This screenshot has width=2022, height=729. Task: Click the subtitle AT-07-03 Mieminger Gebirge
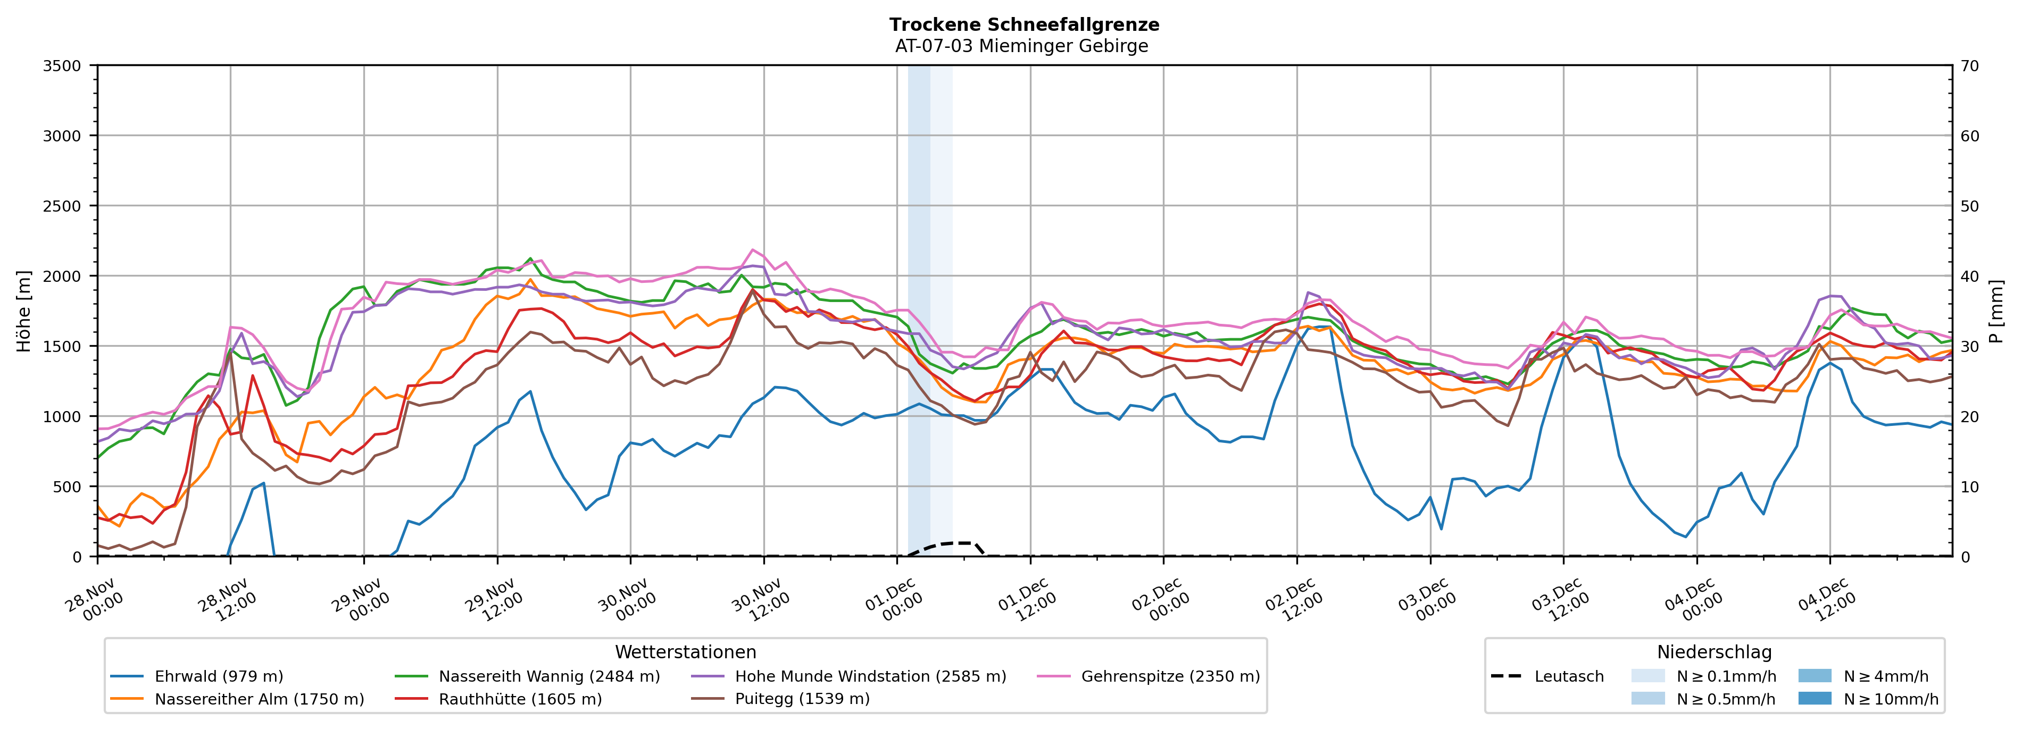coord(1021,46)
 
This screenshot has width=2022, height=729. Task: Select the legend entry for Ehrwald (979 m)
coord(218,676)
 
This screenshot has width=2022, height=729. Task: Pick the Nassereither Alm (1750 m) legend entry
coord(259,699)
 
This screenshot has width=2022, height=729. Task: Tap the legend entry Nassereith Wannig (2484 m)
coord(548,676)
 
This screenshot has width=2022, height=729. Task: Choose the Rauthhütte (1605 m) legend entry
coord(520,699)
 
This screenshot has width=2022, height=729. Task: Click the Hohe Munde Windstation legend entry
coord(870,676)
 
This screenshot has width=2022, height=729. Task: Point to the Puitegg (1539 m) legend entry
coord(802,699)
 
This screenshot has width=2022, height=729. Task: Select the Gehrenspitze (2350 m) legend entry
coord(1170,676)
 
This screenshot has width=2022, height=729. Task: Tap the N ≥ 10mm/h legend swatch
coord(1814,698)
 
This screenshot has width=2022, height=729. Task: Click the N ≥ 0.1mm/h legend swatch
coord(1647,676)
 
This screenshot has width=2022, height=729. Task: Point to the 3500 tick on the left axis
coord(62,66)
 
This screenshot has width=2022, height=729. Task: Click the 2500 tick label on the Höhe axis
coord(62,206)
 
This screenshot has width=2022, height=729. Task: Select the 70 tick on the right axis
coord(1969,66)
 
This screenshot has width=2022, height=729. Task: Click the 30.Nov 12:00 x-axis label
coord(759,601)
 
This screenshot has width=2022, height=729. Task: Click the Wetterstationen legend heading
coord(685,652)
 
